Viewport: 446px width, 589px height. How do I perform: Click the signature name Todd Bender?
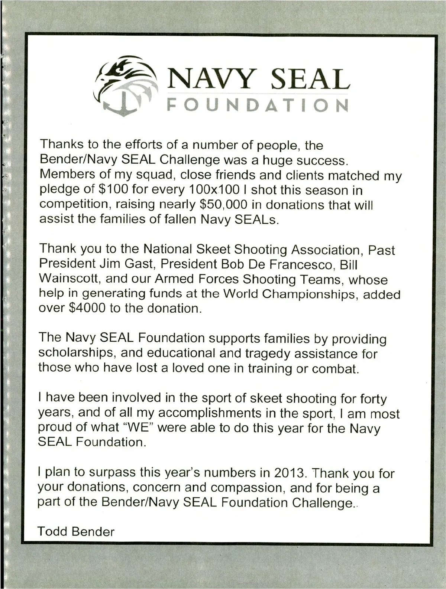coord(76,532)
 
